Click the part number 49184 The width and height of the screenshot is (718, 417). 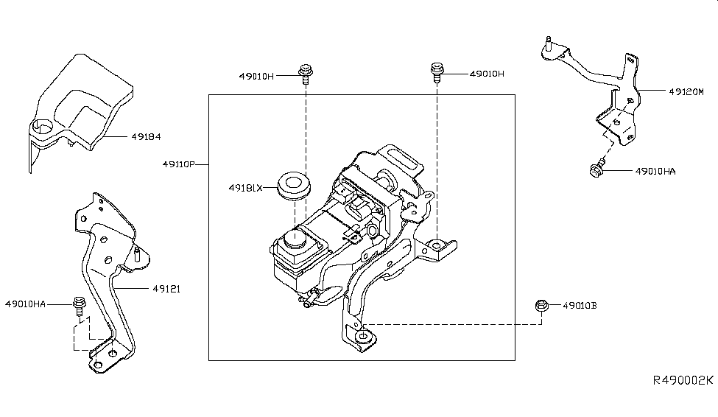146,136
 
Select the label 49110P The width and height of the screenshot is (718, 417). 179,164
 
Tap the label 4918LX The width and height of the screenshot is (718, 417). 245,188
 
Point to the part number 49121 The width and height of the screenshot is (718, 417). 166,289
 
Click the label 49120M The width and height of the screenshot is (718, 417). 686,91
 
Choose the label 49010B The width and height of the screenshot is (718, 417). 580,305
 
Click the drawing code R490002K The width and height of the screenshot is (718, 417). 683,380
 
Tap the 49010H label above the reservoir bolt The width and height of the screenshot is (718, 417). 256,76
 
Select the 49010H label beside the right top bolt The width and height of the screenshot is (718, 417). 487,74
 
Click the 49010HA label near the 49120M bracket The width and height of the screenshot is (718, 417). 655,172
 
